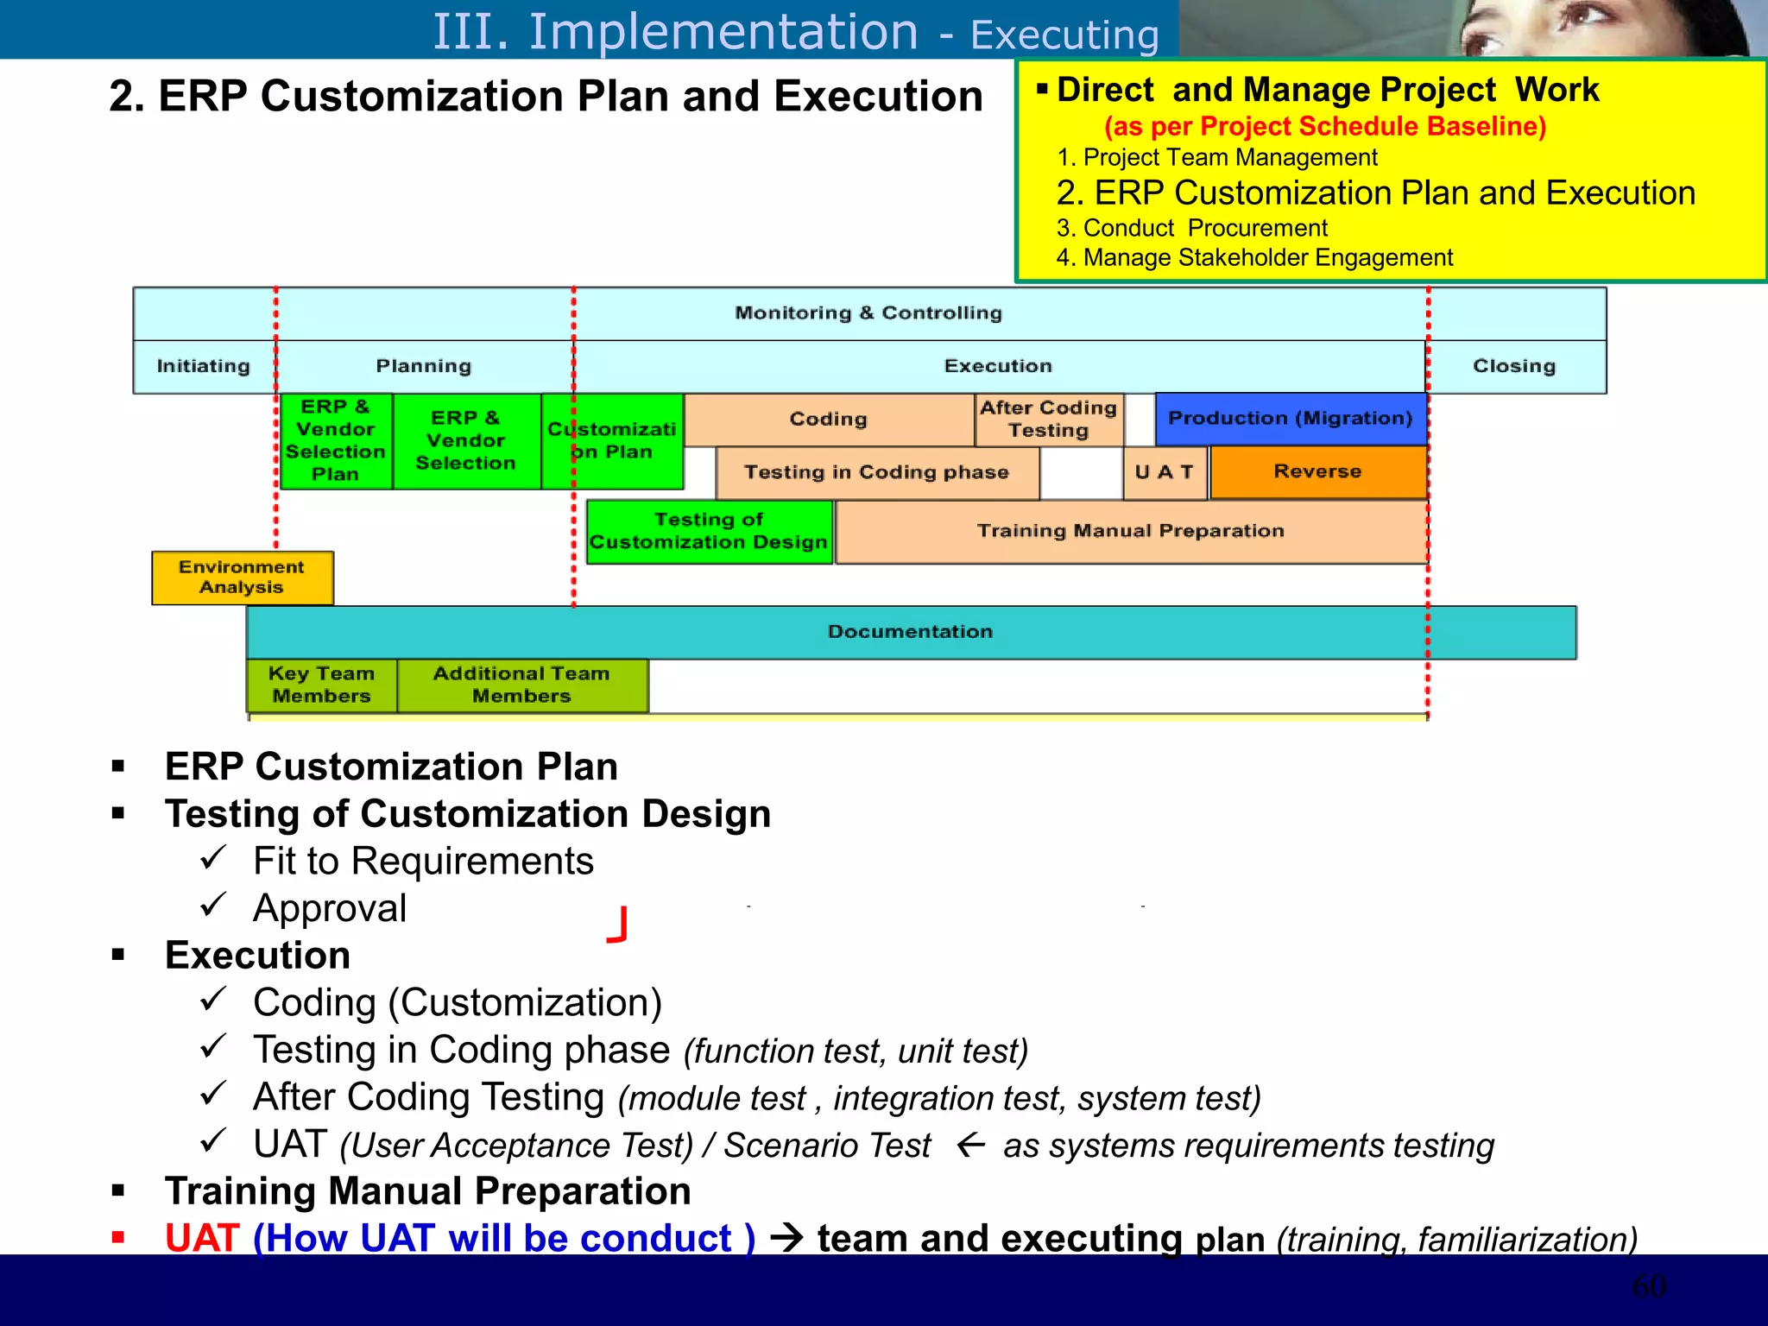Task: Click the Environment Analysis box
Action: (x=242, y=578)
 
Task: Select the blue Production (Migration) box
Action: (x=1290, y=419)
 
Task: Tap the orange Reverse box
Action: (x=1317, y=471)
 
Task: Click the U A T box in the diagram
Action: (x=1164, y=472)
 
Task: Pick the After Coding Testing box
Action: (x=1048, y=420)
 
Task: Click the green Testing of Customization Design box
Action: (x=708, y=532)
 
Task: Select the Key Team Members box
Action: (x=321, y=685)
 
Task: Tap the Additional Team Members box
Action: (x=521, y=685)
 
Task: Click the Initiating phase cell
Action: (x=204, y=366)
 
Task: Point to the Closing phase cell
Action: (x=1514, y=366)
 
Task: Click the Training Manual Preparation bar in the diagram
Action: (x=1130, y=532)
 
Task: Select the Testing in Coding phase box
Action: (x=876, y=472)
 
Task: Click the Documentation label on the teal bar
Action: (x=910, y=632)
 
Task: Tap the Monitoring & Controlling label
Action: (x=868, y=313)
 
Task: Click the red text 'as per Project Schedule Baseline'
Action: (x=1325, y=127)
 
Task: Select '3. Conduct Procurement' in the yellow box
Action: (x=1191, y=229)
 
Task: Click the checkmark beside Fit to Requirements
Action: (x=212, y=857)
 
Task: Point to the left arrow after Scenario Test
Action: (x=971, y=1146)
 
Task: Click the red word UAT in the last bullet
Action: (x=202, y=1239)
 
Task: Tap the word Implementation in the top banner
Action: (x=723, y=32)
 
